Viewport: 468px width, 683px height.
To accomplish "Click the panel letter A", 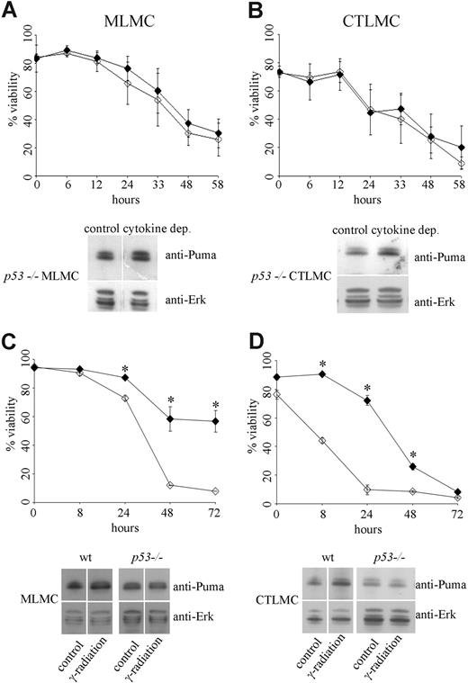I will tap(12, 11).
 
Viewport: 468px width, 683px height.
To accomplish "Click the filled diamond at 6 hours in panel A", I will tap(67, 50).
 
